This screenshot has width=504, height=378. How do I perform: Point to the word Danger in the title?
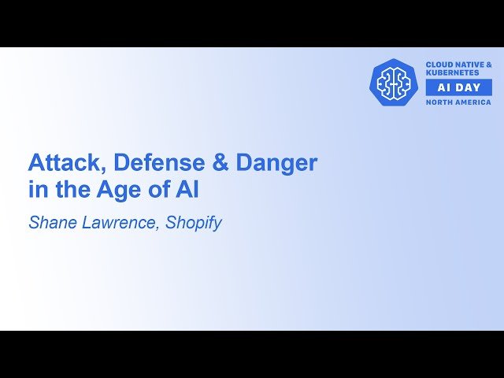[x=271, y=163]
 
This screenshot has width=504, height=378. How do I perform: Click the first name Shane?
[x=53, y=223]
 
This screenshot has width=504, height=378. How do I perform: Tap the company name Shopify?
[x=194, y=223]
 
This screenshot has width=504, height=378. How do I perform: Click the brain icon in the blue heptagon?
[x=393, y=82]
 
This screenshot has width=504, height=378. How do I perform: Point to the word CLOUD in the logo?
[x=440, y=64]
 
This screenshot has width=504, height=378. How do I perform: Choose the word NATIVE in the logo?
[x=471, y=64]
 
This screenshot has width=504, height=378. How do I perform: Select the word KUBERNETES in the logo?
[x=453, y=72]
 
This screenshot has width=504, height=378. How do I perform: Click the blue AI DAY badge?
[x=458, y=87]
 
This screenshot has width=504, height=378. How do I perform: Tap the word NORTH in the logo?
[x=439, y=102]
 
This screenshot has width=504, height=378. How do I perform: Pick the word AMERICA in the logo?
[x=472, y=102]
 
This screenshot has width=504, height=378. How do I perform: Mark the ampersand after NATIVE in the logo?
[x=488, y=64]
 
